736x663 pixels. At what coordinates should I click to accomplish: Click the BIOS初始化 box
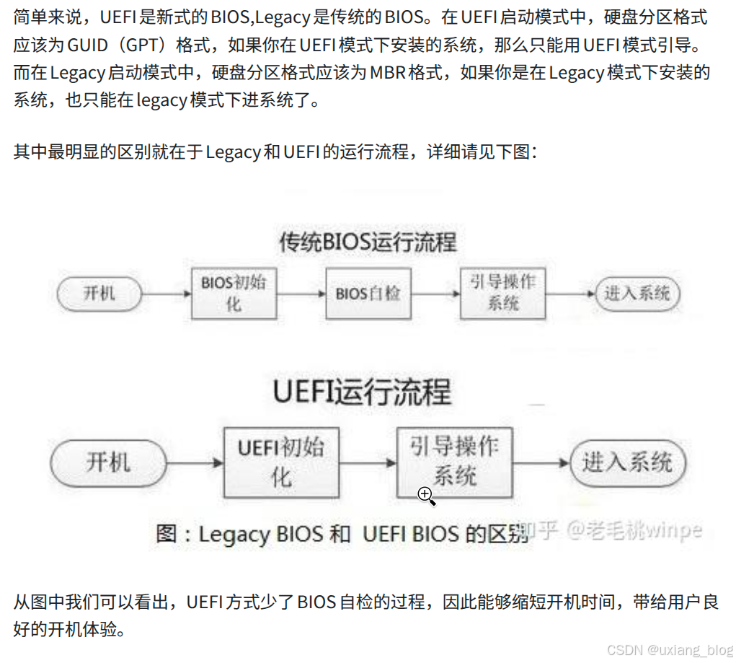[x=234, y=293]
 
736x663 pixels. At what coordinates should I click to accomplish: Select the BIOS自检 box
[x=368, y=293]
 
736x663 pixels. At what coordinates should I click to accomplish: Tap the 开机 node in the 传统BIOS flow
[x=99, y=294]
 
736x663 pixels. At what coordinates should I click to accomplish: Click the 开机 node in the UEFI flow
[x=108, y=462]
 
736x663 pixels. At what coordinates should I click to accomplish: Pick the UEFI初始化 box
[x=281, y=462]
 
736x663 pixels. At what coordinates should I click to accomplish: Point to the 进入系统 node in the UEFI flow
[x=627, y=462]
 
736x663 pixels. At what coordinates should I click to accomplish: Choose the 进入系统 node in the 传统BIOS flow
[x=637, y=294]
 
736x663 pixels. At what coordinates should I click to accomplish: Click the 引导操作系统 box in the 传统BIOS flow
[x=503, y=293]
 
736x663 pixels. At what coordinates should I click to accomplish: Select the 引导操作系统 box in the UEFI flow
[x=454, y=462]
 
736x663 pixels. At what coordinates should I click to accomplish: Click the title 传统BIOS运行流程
[x=368, y=242]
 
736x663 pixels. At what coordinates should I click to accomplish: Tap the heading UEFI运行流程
[x=362, y=392]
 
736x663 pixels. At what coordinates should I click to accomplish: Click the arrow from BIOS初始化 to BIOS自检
[x=301, y=294]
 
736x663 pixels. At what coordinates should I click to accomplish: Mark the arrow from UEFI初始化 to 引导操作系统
[x=368, y=462]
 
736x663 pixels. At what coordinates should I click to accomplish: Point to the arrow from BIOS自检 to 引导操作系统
[x=435, y=294]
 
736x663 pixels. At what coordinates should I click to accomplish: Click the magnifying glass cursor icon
[x=425, y=495]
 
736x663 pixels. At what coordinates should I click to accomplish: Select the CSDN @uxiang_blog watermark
[x=670, y=649]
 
